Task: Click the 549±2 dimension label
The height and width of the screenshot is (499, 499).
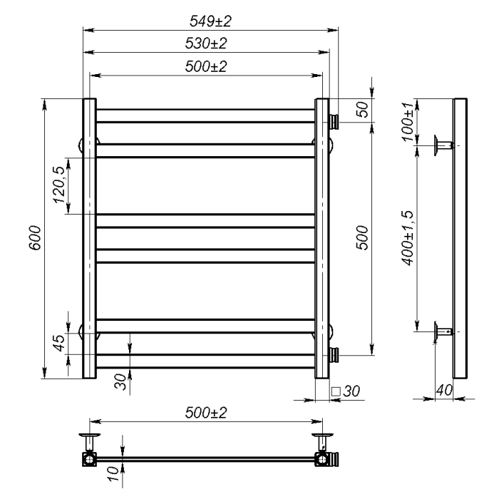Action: click(x=210, y=21)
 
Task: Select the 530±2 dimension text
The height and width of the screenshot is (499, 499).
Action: click(x=206, y=43)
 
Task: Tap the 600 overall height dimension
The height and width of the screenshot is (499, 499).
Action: click(x=35, y=237)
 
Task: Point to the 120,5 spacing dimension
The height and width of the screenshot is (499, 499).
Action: click(x=59, y=185)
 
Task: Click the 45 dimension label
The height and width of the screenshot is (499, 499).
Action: click(x=59, y=343)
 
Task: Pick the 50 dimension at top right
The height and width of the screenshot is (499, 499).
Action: click(x=362, y=110)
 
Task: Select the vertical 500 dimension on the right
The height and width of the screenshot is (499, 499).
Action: click(x=362, y=237)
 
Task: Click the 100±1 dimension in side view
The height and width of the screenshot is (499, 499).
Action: click(x=408, y=122)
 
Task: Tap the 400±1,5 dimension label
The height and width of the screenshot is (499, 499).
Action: click(x=408, y=237)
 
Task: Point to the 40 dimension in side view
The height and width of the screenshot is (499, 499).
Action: click(x=444, y=390)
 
